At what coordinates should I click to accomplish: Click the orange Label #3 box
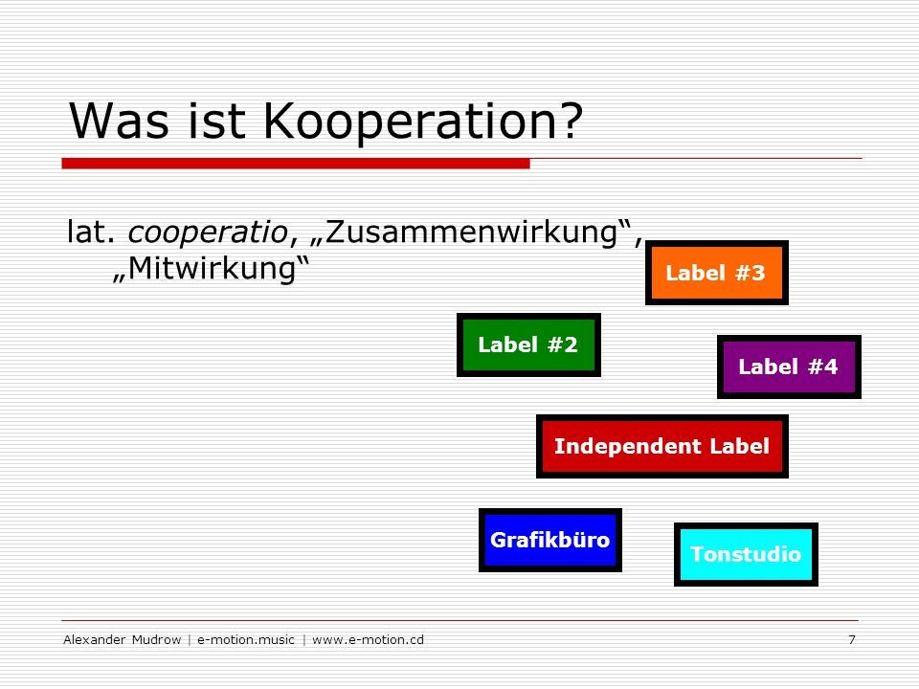(x=716, y=273)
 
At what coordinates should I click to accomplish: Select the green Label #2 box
(x=528, y=344)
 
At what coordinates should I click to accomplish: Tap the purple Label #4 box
(x=789, y=367)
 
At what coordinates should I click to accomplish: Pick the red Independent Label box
(x=662, y=446)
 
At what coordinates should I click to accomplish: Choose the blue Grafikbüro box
(x=550, y=540)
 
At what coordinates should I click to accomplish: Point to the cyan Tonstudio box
(x=746, y=554)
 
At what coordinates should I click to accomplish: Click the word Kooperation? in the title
(x=423, y=122)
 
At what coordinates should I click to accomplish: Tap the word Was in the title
(x=119, y=121)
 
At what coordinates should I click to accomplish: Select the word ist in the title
(x=216, y=121)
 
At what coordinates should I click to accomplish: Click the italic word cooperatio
(x=208, y=232)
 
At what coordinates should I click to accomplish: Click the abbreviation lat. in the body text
(x=91, y=231)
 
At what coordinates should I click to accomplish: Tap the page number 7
(x=852, y=640)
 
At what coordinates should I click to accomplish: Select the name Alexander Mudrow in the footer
(x=123, y=640)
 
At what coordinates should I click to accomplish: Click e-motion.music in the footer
(x=246, y=640)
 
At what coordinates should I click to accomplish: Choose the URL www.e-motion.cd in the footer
(x=368, y=640)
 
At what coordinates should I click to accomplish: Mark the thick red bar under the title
(x=296, y=164)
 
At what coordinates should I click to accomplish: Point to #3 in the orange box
(x=751, y=273)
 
